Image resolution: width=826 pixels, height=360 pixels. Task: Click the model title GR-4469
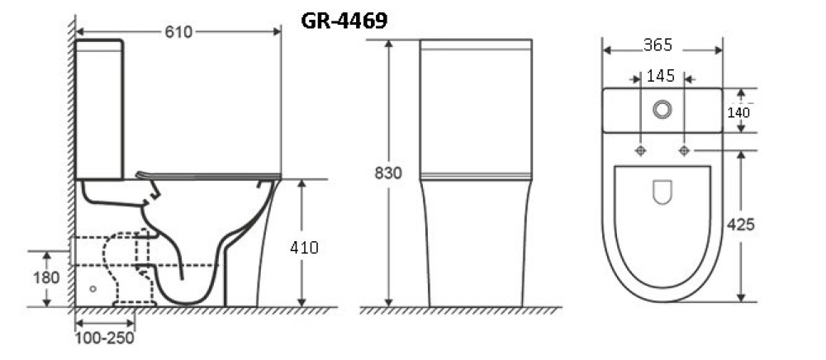click(x=344, y=21)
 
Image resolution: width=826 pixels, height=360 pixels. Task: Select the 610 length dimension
click(x=178, y=32)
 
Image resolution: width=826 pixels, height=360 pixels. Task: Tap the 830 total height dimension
click(x=388, y=173)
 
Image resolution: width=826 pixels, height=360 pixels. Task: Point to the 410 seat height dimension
click(x=305, y=248)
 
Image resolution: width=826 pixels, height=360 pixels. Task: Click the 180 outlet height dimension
click(x=46, y=277)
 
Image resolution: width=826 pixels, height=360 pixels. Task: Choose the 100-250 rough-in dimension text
click(x=104, y=338)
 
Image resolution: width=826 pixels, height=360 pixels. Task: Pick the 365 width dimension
click(x=658, y=45)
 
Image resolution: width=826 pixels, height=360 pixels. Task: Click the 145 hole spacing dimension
click(x=661, y=76)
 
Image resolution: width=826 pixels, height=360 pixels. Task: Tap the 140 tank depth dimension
click(x=738, y=112)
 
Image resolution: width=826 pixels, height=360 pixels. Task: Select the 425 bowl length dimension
click(x=741, y=225)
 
